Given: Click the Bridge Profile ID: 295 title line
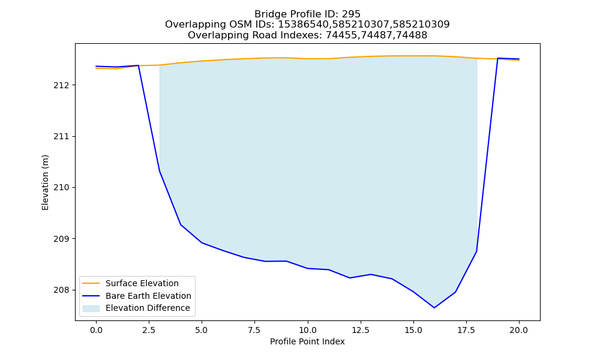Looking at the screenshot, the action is [307, 14].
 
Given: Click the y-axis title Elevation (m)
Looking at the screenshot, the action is [45, 182].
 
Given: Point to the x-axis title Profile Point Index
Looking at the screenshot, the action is [307, 341].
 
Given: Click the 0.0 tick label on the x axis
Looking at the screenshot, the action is [96, 330].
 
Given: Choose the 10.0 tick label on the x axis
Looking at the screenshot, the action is [307, 330].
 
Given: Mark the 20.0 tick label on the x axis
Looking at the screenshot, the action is [519, 330].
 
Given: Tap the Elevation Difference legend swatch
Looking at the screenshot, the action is [91, 308].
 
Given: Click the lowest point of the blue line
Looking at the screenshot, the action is [434, 308].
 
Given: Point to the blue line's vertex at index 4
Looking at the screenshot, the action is [181, 224].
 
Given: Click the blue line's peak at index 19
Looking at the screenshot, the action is [498, 58].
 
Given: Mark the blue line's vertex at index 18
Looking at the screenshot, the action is [476, 251].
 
